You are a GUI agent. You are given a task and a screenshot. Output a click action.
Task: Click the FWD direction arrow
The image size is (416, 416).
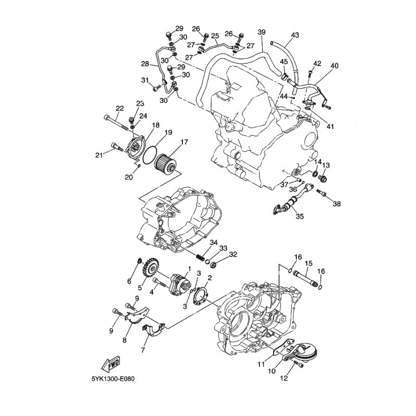click(111, 363)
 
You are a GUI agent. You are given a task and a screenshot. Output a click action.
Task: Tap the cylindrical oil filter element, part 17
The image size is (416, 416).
click(165, 164)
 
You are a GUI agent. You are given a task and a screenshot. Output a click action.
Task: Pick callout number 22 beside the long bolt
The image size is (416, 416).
click(120, 108)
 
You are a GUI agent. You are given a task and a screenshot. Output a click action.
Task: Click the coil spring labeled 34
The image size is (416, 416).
click(201, 257)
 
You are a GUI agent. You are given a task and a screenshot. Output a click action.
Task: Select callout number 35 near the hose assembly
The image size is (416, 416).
click(300, 216)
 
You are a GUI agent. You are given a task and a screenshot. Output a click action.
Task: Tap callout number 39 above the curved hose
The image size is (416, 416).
click(262, 32)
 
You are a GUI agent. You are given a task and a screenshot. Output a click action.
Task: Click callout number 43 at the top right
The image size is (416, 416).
click(295, 35)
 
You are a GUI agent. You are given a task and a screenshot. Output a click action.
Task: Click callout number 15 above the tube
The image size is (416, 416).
click(308, 264)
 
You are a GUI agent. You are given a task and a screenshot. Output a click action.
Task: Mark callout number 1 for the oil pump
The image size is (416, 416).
click(189, 269)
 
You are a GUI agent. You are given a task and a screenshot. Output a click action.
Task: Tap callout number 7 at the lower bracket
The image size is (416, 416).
click(143, 350)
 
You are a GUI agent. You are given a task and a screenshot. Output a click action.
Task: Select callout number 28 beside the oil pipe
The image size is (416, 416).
click(145, 63)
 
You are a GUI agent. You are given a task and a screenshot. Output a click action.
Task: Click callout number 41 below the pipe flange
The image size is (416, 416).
click(330, 126)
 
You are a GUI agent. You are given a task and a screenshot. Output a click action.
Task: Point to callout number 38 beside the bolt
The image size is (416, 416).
click(336, 204)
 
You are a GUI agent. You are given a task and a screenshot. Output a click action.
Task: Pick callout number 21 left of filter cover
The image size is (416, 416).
click(99, 155)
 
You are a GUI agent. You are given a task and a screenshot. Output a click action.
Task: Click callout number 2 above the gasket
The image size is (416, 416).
click(210, 278)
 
